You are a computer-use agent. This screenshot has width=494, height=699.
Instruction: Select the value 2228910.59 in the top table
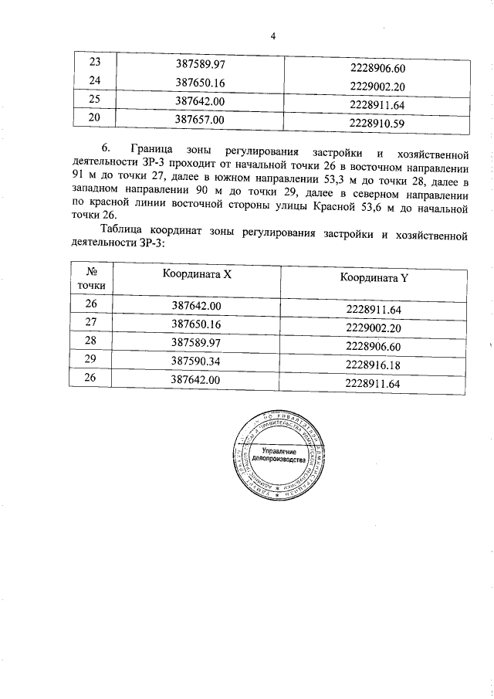click(x=377, y=122)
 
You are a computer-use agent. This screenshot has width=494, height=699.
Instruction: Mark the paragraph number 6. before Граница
click(x=107, y=149)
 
